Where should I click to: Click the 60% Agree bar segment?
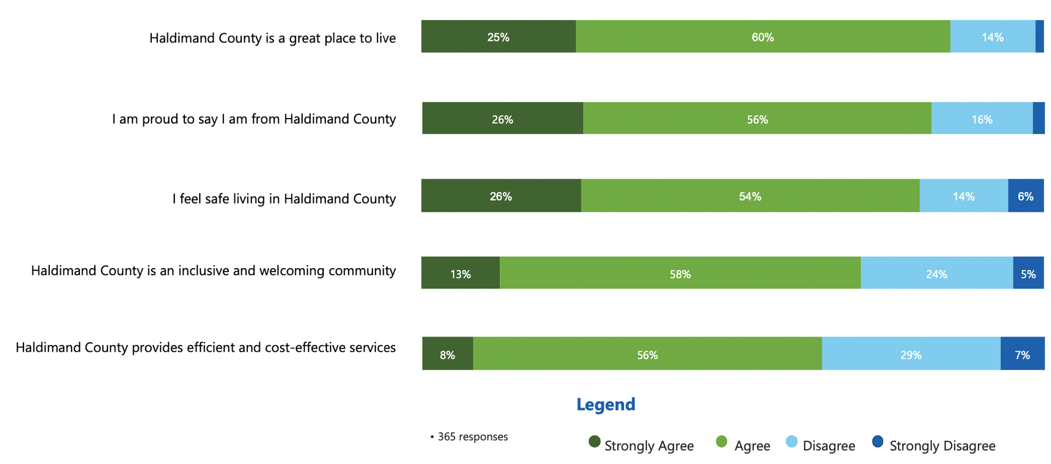click(763, 37)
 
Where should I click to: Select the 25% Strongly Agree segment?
click(498, 37)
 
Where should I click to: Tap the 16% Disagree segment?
click(982, 119)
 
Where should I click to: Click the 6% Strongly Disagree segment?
click(1025, 196)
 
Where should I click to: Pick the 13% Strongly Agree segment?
click(460, 273)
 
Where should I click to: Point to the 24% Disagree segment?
click(937, 273)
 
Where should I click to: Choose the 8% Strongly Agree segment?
click(447, 354)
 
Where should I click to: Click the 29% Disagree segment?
click(911, 354)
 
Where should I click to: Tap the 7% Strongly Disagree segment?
click(1022, 354)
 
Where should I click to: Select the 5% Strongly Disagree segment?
click(1028, 273)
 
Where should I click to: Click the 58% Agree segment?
click(680, 273)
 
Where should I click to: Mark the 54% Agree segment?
click(750, 196)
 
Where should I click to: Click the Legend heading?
click(606, 405)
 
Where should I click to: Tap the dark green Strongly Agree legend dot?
click(594, 441)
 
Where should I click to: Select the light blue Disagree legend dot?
click(791, 441)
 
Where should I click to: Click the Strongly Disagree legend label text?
click(942, 446)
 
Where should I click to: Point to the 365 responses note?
click(470, 437)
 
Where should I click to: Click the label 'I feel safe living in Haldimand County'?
click(284, 199)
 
